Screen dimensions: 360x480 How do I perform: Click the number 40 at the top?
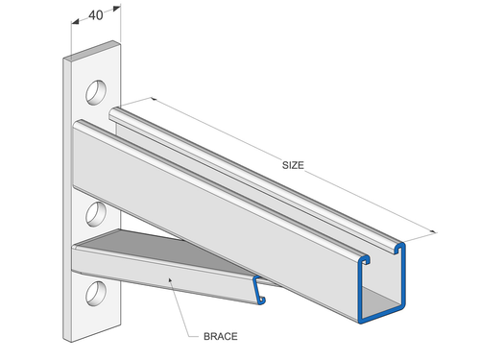(96, 15)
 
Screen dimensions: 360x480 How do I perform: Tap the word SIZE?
(293, 165)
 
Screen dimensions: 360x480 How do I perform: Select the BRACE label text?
(220, 337)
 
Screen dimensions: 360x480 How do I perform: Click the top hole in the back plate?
(97, 92)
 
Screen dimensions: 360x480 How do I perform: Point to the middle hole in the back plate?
(97, 212)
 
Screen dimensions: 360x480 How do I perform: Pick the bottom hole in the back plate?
(97, 291)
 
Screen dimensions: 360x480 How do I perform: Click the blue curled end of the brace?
(256, 292)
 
